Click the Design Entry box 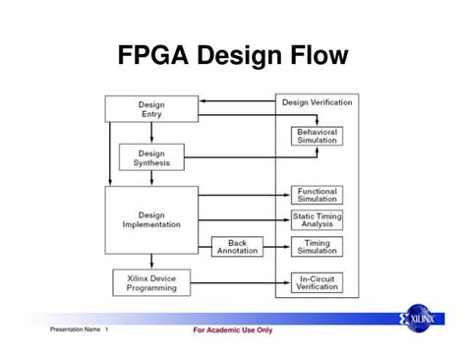(151, 109)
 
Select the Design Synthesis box (151, 156)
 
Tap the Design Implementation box (151, 218)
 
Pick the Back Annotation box (238, 247)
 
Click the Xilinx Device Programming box (151, 282)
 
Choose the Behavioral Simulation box (317, 136)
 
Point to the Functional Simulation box (317, 195)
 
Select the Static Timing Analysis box (317, 220)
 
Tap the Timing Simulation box (317, 247)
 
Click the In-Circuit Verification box (317, 282)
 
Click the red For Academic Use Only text (233, 330)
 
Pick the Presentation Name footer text (78, 330)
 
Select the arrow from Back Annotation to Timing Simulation (278, 247)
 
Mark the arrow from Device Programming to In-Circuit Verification (236, 283)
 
